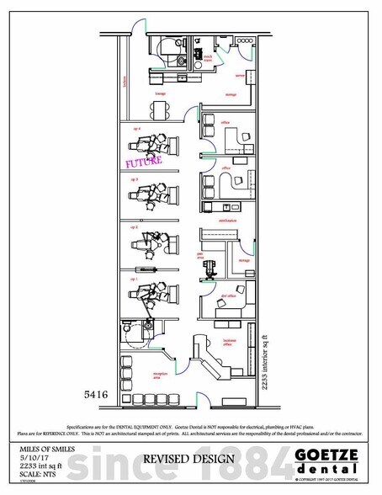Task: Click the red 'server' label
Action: (x=239, y=74)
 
